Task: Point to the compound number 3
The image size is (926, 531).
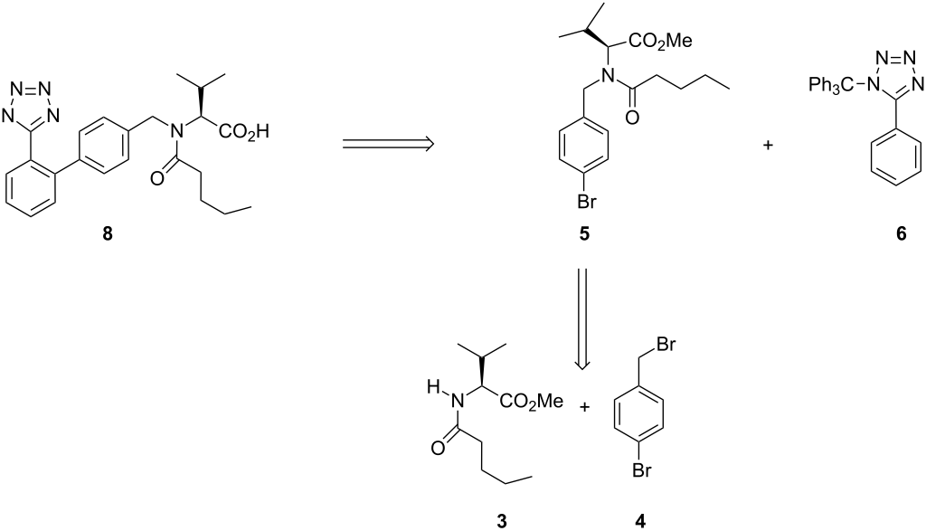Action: pos(500,519)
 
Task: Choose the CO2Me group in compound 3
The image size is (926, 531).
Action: pos(540,407)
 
